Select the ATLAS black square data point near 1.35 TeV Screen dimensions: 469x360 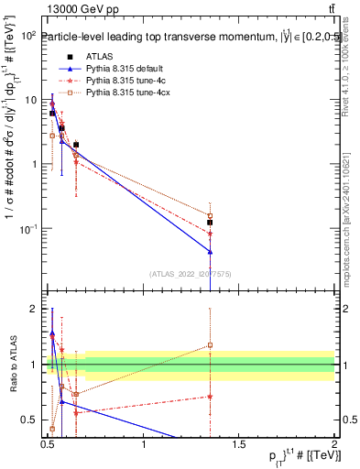[211, 222]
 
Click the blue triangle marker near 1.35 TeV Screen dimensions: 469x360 [211, 251]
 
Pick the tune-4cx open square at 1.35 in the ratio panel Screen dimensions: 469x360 [211, 345]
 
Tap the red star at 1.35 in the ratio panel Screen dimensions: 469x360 [211, 397]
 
